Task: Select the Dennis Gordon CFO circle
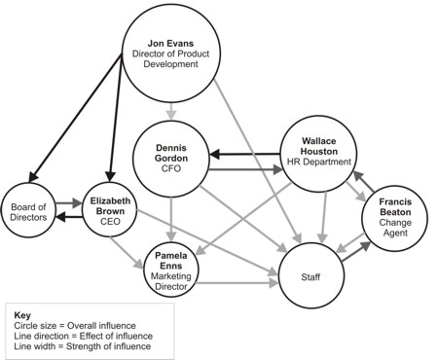tap(170, 159)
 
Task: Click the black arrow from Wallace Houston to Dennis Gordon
tap(243, 154)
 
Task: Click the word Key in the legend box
tap(23, 316)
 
